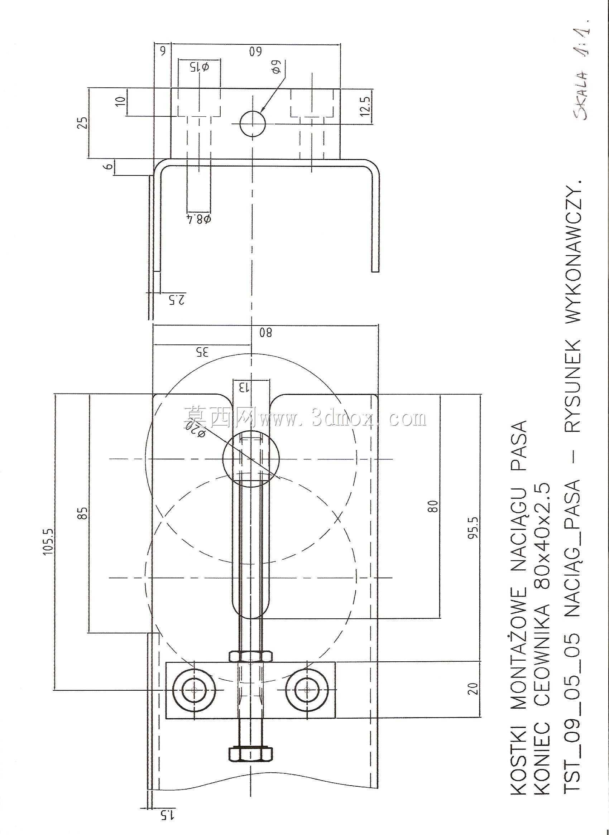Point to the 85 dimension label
[x=84, y=513]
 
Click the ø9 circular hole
[x=253, y=124]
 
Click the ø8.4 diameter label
[x=199, y=219]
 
